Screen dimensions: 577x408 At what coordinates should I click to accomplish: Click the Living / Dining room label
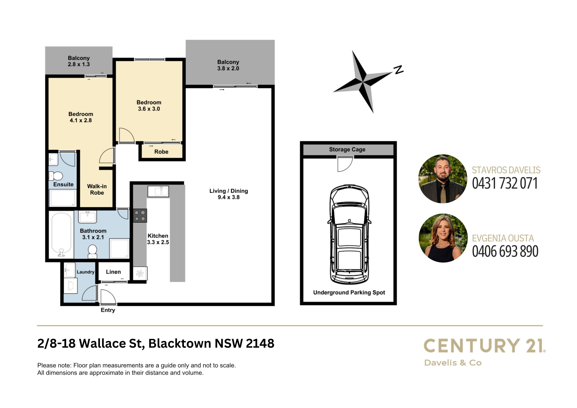(x=229, y=194)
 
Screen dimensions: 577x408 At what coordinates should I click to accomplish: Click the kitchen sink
(x=158, y=191)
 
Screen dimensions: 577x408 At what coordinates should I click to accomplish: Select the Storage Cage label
(x=347, y=150)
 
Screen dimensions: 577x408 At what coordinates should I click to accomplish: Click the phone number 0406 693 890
(x=505, y=251)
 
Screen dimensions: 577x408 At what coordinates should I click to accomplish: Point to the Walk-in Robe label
(x=97, y=190)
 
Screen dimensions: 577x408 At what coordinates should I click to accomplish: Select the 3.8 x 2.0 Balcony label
(x=228, y=65)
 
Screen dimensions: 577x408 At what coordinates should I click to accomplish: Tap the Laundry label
(x=85, y=272)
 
